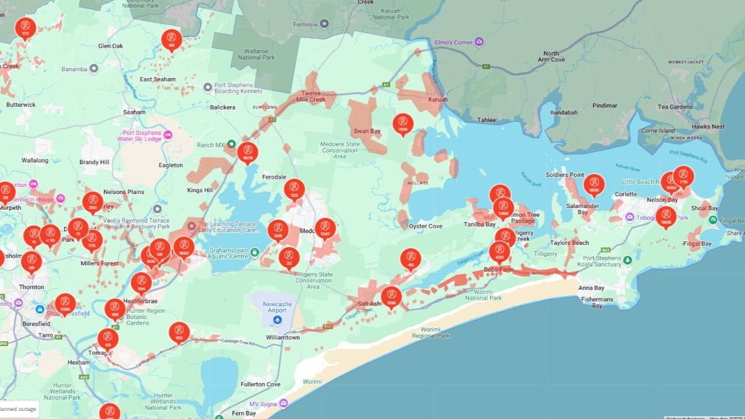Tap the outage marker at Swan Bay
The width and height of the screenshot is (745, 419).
pyautogui.click(x=403, y=123)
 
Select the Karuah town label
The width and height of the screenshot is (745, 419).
pyautogui.click(x=438, y=99)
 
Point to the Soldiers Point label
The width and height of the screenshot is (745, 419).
pyautogui.click(x=564, y=175)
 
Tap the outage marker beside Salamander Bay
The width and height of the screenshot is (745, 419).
pyautogui.click(x=594, y=184)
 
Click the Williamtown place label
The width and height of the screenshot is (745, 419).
pyautogui.click(x=283, y=338)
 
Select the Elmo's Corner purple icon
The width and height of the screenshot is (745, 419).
pyautogui.click(x=479, y=42)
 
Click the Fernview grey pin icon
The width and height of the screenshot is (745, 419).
pyautogui.click(x=324, y=23)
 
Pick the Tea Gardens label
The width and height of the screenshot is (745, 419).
pyautogui.click(x=675, y=107)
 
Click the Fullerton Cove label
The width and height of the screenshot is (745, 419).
pyautogui.click(x=261, y=385)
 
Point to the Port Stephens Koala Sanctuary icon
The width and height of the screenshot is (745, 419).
pyautogui.click(x=628, y=260)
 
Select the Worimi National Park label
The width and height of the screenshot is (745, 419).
pyautogui.click(x=483, y=295)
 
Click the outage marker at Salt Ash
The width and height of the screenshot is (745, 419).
pyautogui.click(x=391, y=296)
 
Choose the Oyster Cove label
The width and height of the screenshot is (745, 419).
pyautogui.click(x=425, y=226)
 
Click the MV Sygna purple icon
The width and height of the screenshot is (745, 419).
pyautogui.click(x=283, y=403)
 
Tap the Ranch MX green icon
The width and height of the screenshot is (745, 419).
pyautogui.click(x=231, y=144)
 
